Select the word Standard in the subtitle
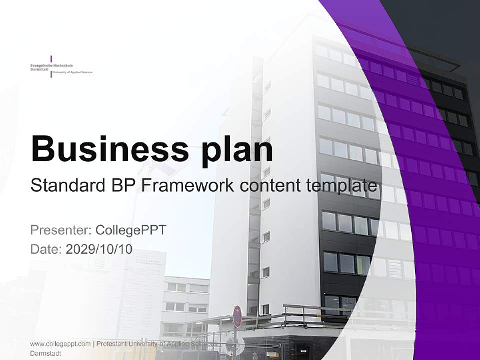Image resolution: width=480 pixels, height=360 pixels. coord(65,186)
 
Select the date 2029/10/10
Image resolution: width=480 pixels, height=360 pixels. coord(99,249)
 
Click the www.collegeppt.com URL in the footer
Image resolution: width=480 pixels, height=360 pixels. coord(60,344)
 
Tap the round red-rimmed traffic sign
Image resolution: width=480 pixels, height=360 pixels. coord(237,316)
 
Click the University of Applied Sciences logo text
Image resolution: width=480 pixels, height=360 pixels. coord(73,73)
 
